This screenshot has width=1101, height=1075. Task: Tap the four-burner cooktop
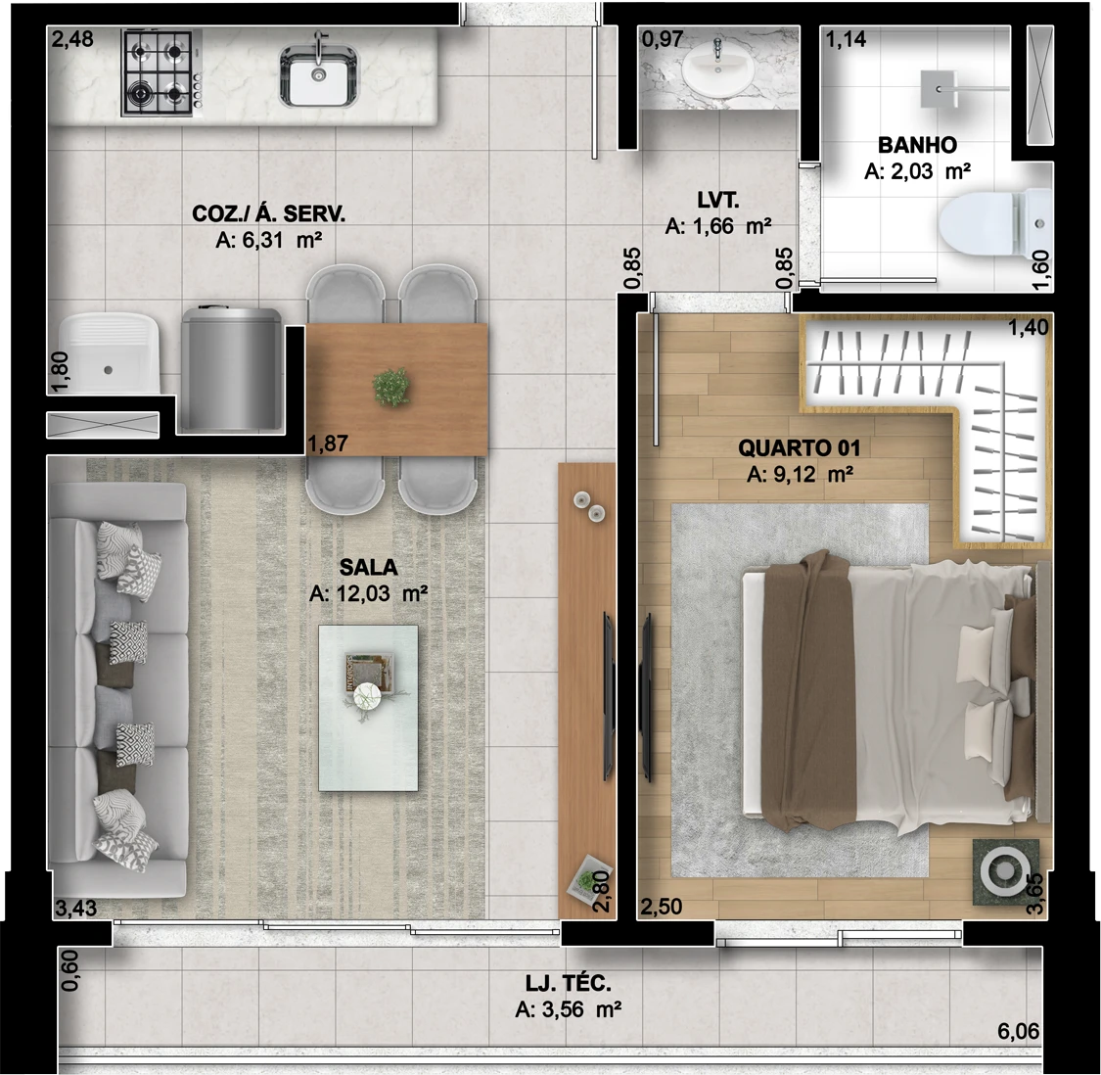[x=157, y=72]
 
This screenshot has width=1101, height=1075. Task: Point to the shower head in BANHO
[x=940, y=87]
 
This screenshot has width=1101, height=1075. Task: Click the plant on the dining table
[x=391, y=387]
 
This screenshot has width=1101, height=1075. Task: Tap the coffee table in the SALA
[x=368, y=708]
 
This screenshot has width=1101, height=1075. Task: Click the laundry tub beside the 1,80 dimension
[x=107, y=354]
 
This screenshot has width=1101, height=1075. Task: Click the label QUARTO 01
[x=799, y=448]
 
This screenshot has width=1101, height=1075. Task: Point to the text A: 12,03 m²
[x=368, y=593]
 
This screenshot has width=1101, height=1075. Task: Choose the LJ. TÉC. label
[x=569, y=984]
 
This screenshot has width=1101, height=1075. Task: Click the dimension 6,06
[x=1018, y=1031]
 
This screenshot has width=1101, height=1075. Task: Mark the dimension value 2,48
[x=72, y=40]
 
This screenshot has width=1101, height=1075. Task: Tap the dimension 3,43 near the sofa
[x=75, y=908]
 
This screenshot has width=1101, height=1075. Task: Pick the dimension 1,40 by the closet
[x=1029, y=327]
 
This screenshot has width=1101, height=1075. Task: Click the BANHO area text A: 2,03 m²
[x=917, y=172]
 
